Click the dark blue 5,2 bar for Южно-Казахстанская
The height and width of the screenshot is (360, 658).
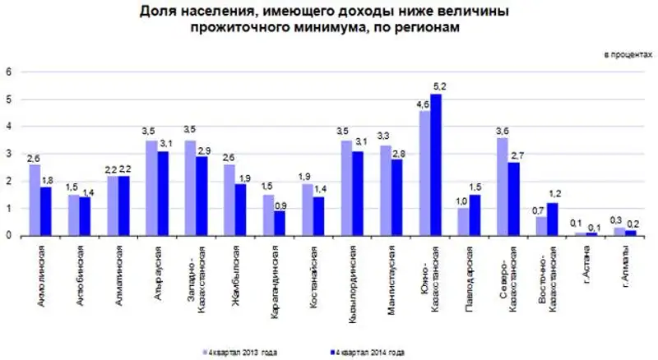coord(436,164)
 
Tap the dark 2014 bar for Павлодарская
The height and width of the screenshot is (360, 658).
coord(475,215)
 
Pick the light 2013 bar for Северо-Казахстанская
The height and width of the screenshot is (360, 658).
coord(502,187)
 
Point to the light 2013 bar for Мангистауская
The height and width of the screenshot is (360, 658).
coord(385,191)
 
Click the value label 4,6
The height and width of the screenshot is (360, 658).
coord(424,104)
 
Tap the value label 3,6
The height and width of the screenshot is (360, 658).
coord(502,132)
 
